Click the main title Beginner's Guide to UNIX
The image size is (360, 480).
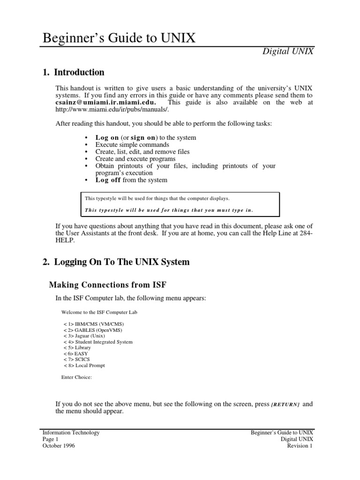tap(119, 38)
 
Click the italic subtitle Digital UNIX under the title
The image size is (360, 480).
tap(287, 52)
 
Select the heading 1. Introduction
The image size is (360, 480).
tap(73, 73)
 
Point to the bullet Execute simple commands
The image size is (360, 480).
tap(132, 145)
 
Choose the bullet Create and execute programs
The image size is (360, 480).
tap(135, 159)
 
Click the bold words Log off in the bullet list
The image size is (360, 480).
tap(108, 180)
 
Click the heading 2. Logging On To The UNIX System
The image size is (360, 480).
tap(116, 262)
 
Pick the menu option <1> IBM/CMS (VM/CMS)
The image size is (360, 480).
tap(94, 324)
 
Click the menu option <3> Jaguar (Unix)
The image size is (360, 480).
tap(84, 336)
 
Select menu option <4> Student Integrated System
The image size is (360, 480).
tap(98, 342)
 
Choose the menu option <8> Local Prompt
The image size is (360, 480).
tap(84, 366)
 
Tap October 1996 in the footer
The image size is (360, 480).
tap(59, 446)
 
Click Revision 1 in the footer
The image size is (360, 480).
tap(300, 446)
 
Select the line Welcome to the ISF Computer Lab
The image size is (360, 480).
tap(99, 312)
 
